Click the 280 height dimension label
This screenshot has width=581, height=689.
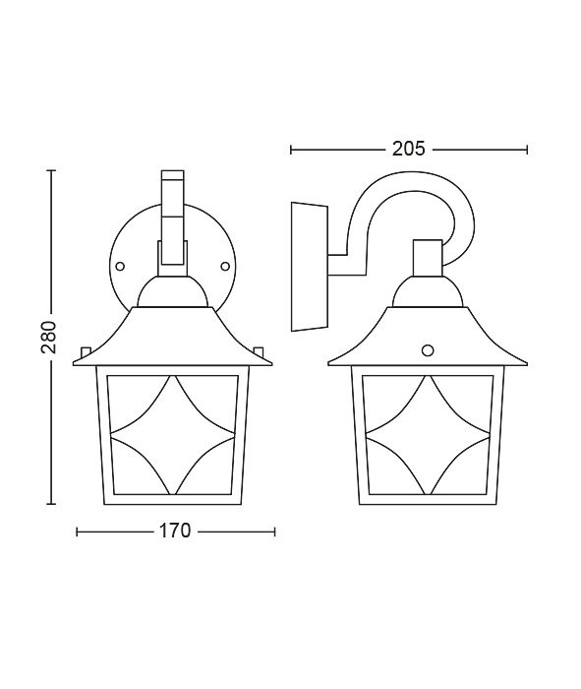[x=49, y=337]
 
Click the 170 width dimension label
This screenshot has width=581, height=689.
[x=175, y=531]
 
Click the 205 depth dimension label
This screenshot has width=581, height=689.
[x=409, y=149]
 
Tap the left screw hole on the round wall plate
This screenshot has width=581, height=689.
[x=119, y=266]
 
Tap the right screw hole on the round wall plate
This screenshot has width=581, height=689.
[x=225, y=266]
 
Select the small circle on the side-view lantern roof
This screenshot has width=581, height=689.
[x=427, y=349]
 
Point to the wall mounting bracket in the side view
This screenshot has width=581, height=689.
[x=310, y=267]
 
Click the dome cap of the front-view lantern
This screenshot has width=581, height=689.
[x=172, y=291]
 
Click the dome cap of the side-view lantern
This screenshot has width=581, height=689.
[x=428, y=291]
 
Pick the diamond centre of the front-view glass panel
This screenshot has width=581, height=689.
[x=172, y=435]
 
